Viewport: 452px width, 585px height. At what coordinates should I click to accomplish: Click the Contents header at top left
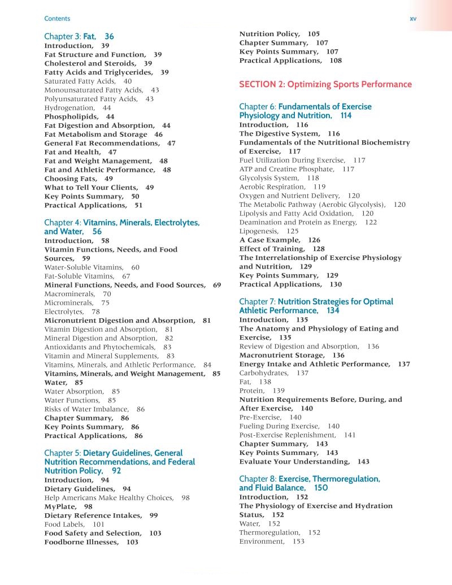coord(57,19)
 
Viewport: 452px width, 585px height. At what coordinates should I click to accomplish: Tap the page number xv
coord(412,19)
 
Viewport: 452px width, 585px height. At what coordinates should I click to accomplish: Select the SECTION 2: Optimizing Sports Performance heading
coord(325,84)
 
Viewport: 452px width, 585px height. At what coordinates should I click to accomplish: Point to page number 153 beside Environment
coord(298,541)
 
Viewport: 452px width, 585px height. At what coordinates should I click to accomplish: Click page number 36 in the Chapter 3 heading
coord(109,36)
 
